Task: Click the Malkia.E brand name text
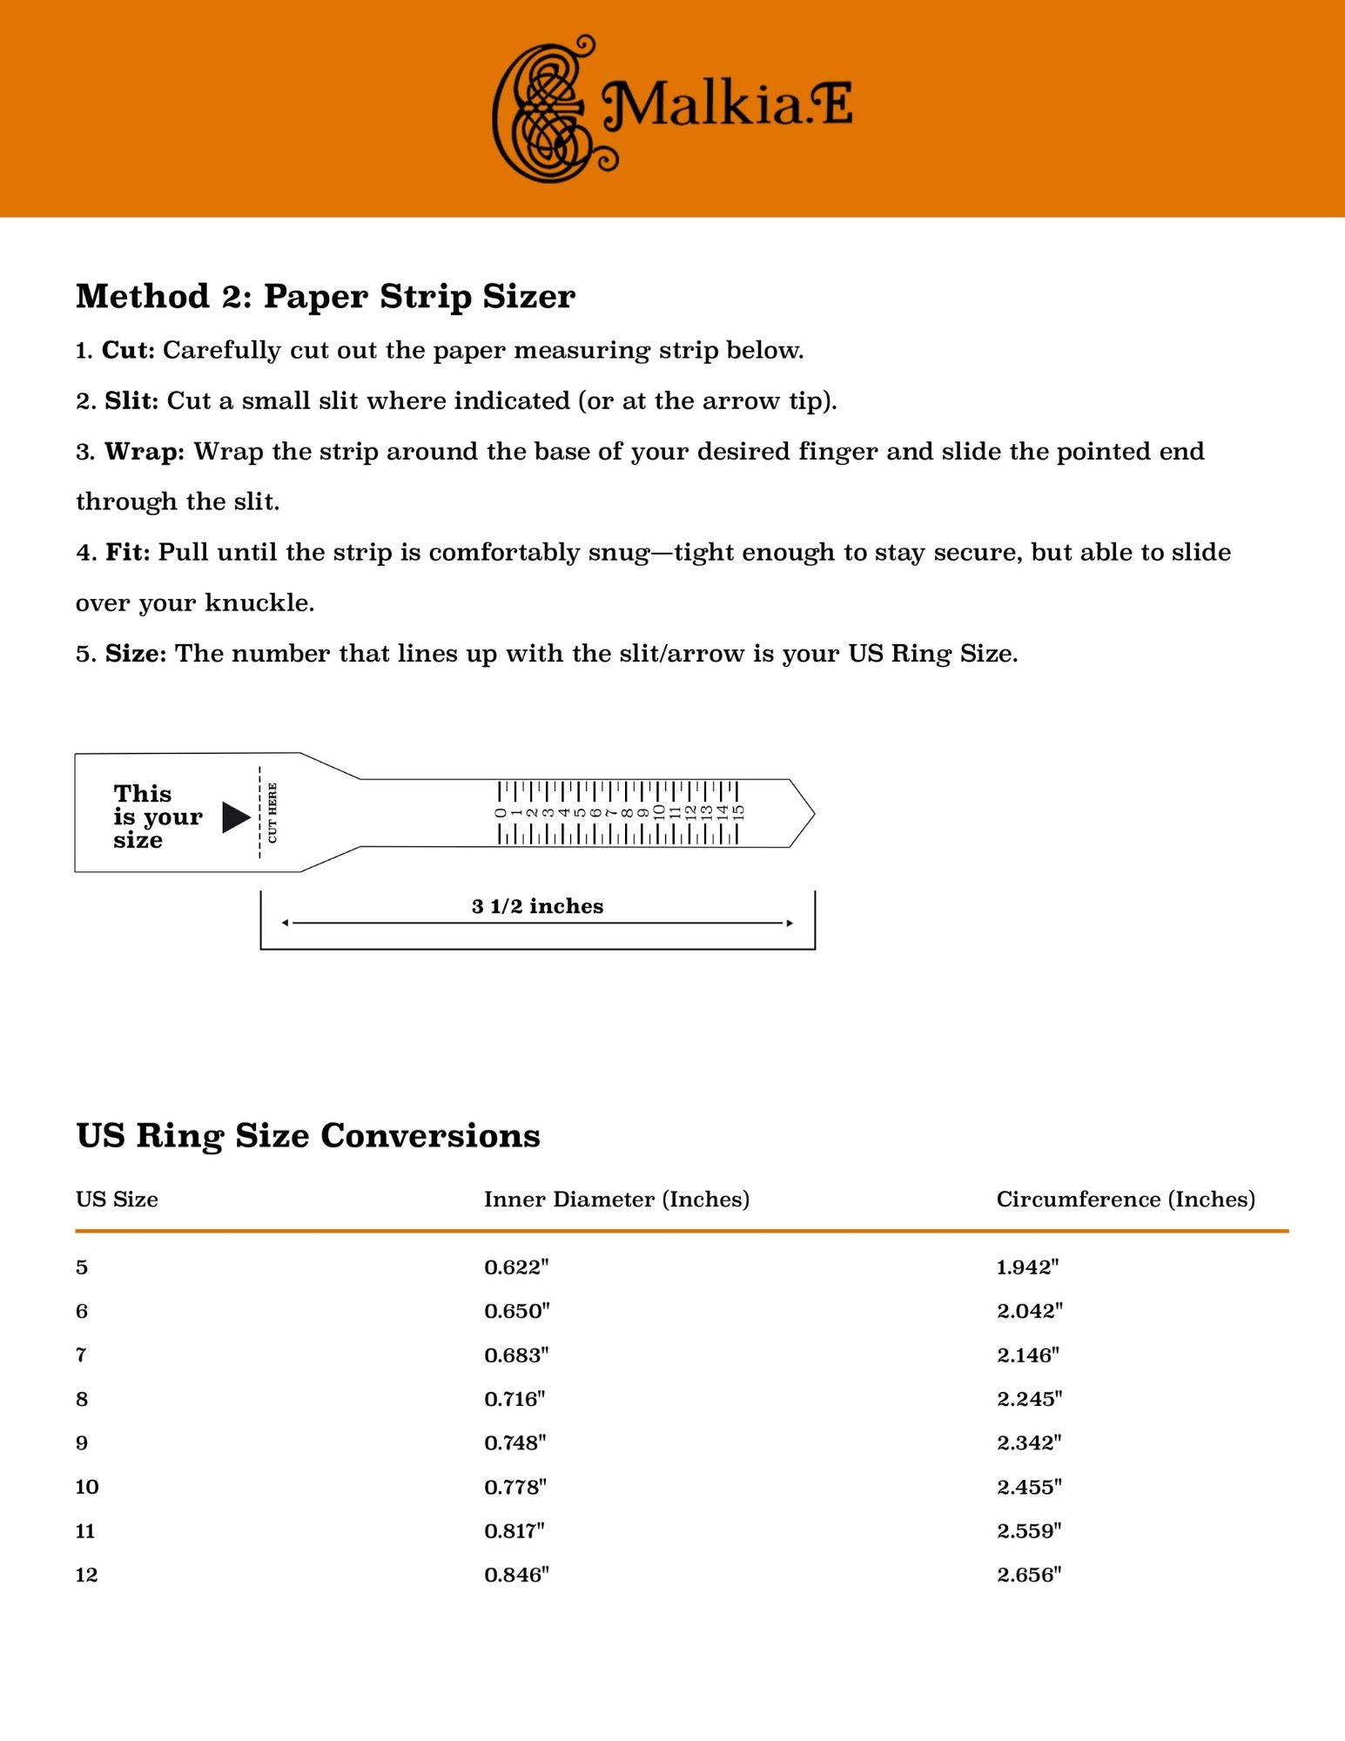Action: (x=728, y=105)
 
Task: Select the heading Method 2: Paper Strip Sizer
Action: (x=325, y=296)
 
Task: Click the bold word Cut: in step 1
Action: (x=128, y=350)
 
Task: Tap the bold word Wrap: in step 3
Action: (x=145, y=451)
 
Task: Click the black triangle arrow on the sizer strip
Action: (x=235, y=817)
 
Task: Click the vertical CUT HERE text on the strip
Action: (x=272, y=812)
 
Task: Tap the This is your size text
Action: (x=157, y=817)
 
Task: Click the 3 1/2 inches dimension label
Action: (x=537, y=906)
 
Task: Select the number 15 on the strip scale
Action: (x=738, y=812)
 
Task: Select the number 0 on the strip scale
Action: (x=501, y=813)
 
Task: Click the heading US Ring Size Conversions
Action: (x=307, y=1135)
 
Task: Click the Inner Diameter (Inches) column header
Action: (x=616, y=1199)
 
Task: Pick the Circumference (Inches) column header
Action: (x=1125, y=1199)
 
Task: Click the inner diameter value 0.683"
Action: (x=516, y=1354)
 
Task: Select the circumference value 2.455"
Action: (x=1029, y=1486)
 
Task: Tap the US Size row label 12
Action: (x=86, y=1574)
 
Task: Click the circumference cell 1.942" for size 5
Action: (x=1027, y=1267)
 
